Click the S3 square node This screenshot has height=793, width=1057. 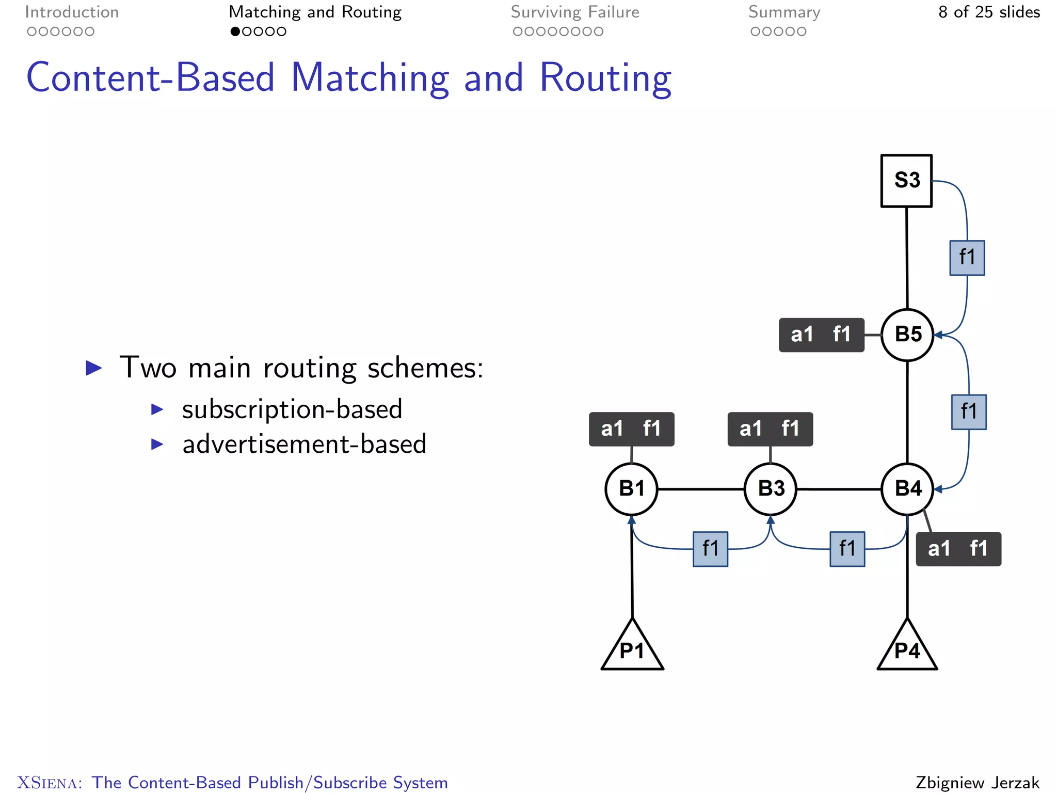pyautogui.click(x=906, y=181)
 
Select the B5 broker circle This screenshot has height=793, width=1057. pyautogui.click(x=907, y=335)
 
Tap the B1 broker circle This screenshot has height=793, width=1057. pyautogui.click(x=631, y=489)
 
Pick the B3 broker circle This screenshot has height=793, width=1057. pyautogui.click(x=771, y=489)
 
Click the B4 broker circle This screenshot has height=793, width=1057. pyautogui.click(x=907, y=489)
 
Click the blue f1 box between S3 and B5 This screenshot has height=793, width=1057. pyautogui.click(x=967, y=258)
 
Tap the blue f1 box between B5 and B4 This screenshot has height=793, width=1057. pyautogui.click(x=969, y=412)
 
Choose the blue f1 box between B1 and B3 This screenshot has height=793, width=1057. pyautogui.click(x=710, y=549)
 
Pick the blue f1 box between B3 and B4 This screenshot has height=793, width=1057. pyautogui.click(x=847, y=549)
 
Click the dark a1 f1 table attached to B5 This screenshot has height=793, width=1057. pyautogui.click(x=821, y=335)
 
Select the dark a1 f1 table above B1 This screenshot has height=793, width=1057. pyautogui.click(x=631, y=429)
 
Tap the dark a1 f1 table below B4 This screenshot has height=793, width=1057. pyautogui.click(x=958, y=549)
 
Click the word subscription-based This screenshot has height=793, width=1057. pyautogui.click(x=292, y=410)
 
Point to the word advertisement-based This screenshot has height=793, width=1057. pyautogui.click(x=304, y=445)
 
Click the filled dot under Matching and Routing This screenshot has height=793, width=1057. pyautogui.click(x=235, y=31)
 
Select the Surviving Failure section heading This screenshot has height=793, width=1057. pyautogui.click(x=574, y=12)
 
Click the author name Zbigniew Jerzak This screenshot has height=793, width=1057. pyautogui.click(x=977, y=782)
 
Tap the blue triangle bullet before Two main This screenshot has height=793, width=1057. pyautogui.click(x=93, y=368)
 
